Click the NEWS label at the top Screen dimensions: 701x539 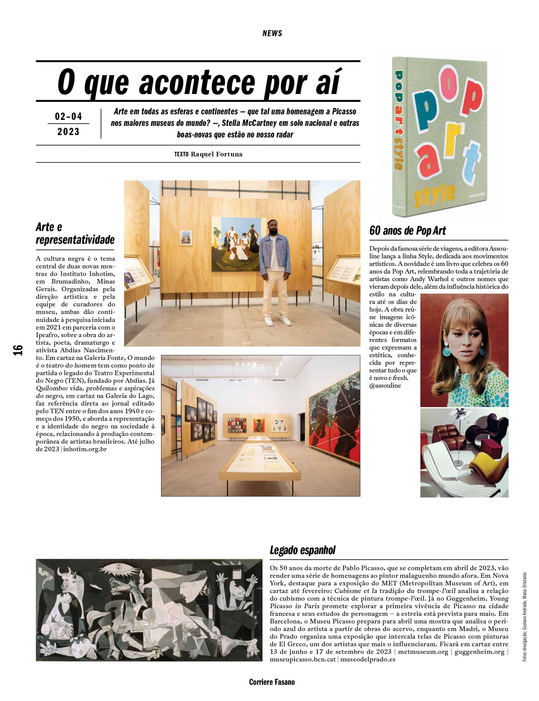click(272, 34)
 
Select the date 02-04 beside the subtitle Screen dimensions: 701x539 click(68, 116)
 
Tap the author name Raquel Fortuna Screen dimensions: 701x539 click(216, 154)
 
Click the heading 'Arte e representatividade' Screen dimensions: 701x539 click(75, 233)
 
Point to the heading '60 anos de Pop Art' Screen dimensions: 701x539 click(407, 231)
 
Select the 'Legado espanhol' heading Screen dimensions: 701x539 click(302, 550)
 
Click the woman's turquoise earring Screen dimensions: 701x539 click(446, 350)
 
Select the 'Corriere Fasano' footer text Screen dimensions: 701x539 click(272, 682)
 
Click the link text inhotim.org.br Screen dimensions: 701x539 click(85, 449)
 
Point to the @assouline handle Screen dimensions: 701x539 click(385, 386)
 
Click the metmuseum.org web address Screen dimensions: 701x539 click(423, 652)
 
